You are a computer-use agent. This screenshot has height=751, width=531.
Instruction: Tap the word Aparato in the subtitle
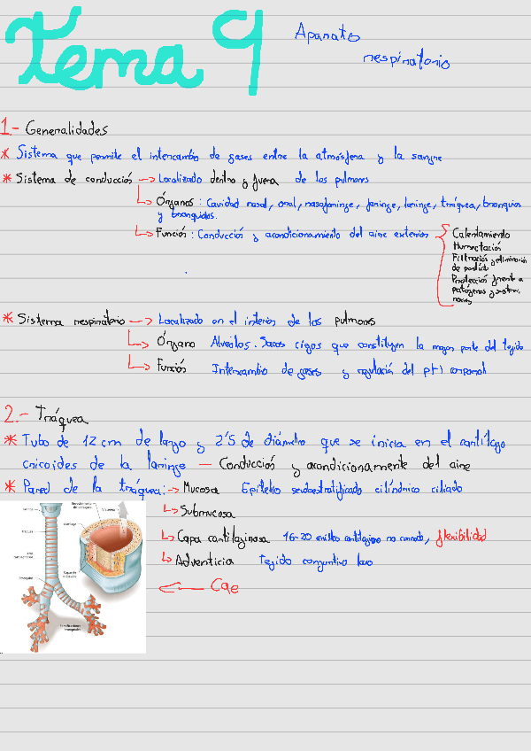[327, 34]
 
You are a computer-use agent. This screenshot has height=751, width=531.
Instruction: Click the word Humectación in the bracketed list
[477, 247]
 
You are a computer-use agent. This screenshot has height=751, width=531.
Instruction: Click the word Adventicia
[204, 561]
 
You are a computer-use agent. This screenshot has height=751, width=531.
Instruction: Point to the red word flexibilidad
[460, 537]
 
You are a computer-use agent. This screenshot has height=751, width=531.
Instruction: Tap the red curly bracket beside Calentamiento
[442, 266]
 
